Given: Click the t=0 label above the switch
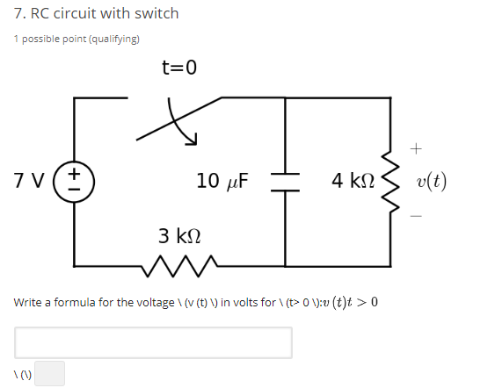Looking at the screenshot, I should [179, 68].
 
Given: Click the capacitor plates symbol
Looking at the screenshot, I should [286, 181].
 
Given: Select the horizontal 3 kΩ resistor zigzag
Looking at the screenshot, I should [178, 262].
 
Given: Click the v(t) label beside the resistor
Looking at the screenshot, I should [433, 182].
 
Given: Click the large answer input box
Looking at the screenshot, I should [153, 342].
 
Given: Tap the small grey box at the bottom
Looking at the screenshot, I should [49, 374].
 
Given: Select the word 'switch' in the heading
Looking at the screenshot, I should [157, 14].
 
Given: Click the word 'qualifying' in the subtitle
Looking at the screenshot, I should [116, 39].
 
